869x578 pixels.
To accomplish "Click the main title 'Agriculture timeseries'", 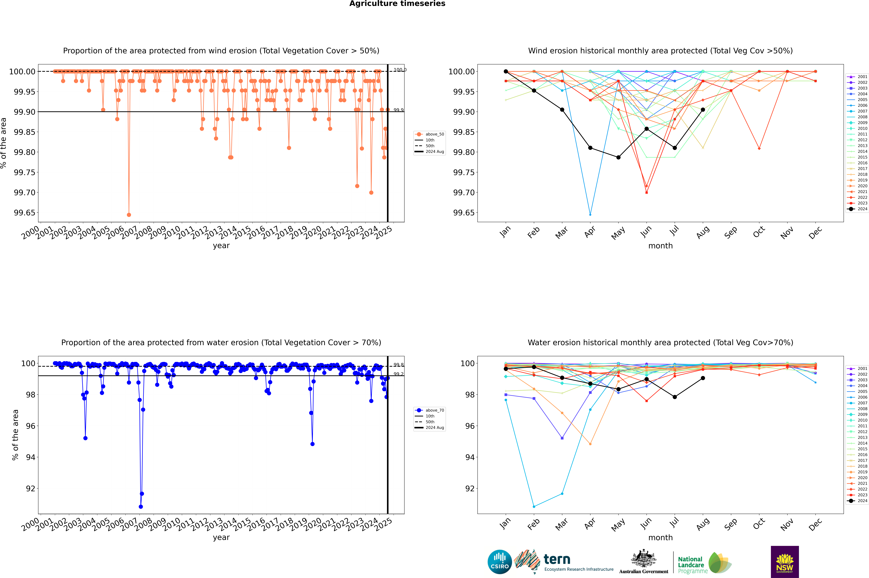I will tap(397, 4).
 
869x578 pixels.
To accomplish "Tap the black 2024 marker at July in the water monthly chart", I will tap(674, 397).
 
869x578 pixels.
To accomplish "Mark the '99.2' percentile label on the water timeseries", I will tap(398, 374).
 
